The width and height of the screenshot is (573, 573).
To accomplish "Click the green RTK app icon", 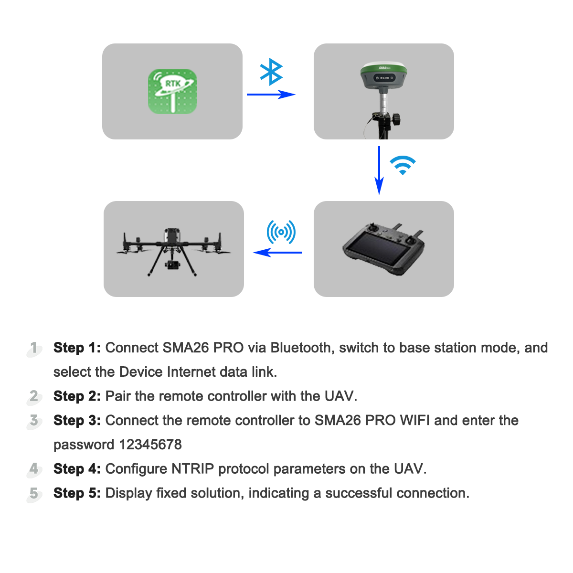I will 172,92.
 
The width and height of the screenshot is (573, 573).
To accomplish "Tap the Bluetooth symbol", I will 271,72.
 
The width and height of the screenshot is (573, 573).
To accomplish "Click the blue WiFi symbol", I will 403,165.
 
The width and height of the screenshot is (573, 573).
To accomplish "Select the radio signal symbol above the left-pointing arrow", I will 281,232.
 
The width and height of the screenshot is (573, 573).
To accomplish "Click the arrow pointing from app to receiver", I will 271,95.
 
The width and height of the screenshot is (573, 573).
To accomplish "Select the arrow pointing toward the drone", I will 277,252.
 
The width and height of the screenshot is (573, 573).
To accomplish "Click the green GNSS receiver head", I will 384,75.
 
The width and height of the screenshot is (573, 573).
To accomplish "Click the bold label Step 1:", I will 77,348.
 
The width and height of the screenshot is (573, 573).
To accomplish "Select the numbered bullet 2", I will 34,396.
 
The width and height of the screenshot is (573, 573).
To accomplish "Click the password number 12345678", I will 150,445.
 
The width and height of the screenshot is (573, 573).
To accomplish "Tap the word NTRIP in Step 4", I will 192,469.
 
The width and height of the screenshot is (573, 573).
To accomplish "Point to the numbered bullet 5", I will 34,493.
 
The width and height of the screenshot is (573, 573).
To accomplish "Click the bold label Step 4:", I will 77,469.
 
